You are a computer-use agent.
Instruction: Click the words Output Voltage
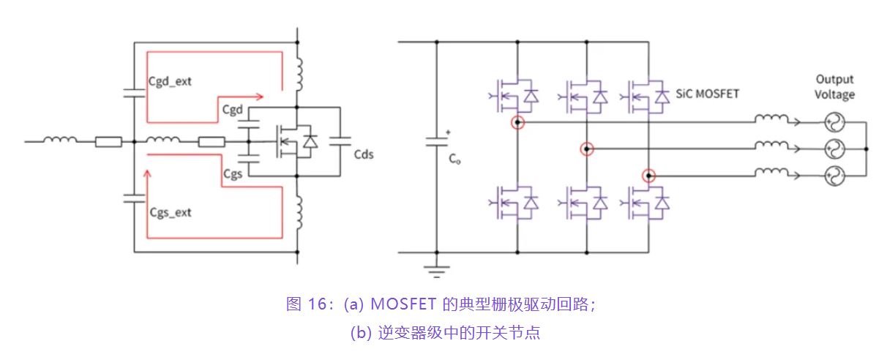[835, 86]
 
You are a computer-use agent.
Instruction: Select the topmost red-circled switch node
[517, 122]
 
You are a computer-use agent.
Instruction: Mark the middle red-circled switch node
[586, 149]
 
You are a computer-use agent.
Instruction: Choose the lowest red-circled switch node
[648, 176]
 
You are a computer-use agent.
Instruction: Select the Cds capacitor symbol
[340, 145]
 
